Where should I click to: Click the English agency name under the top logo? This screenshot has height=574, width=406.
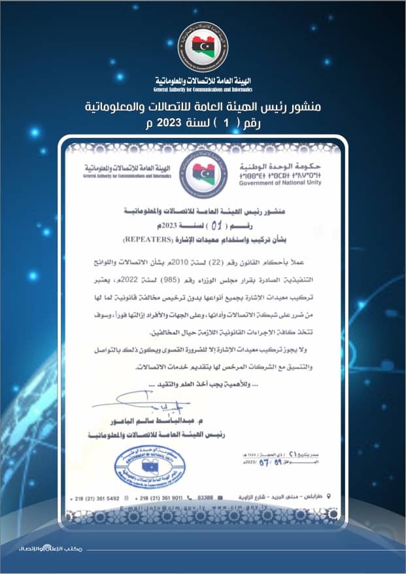[x=203, y=89]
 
